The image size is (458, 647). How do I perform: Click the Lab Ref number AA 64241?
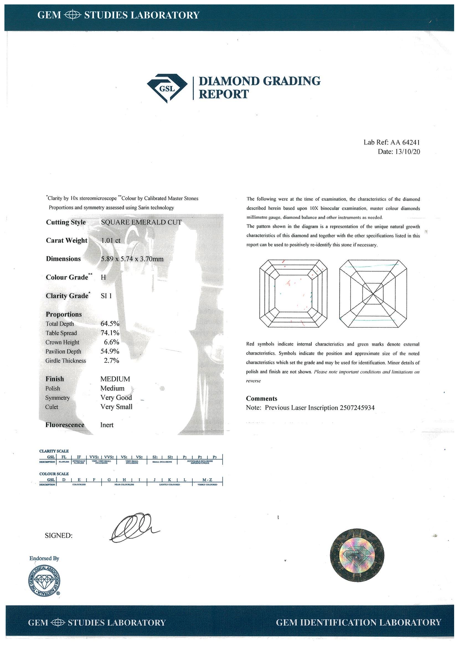click(x=405, y=143)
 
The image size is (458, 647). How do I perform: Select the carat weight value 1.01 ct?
click(x=110, y=240)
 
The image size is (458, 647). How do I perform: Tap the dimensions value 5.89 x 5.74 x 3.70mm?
click(x=132, y=259)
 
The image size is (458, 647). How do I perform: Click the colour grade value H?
click(x=103, y=277)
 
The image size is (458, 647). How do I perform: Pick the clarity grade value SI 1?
click(x=106, y=296)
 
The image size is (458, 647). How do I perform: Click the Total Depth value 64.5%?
click(x=110, y=323)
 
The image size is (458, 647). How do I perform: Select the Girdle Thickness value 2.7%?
click(x=112, y=361)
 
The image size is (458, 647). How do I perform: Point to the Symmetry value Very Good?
click(x=116, y=398)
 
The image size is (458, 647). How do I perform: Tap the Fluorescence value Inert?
click(x=107, y=425)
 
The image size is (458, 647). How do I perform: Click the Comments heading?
click(x=262, y=398)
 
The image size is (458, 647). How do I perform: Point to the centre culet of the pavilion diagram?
click(x=373, y=294)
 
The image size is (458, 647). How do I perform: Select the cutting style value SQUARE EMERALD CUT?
click(x=141, y=222)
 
